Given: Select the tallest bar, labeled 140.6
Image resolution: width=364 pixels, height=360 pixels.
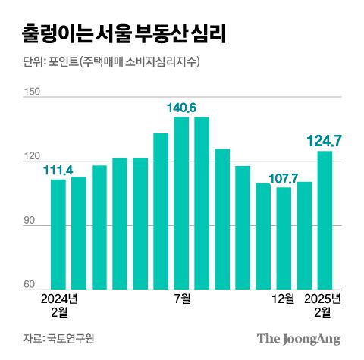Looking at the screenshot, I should (181, 203).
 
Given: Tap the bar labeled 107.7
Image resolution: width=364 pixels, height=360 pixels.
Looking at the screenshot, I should (284, 238).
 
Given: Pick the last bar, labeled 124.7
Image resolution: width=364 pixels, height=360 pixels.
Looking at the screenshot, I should (325, 220).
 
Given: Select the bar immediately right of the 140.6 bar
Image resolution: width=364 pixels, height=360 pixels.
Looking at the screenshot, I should (202, 203).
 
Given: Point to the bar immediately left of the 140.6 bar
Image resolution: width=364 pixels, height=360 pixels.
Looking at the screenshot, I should (161, 211).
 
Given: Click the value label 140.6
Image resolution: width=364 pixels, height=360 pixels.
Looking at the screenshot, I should (182, 108).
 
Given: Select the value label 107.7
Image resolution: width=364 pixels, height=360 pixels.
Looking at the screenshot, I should (283, 179).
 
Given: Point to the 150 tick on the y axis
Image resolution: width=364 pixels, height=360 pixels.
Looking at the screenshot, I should (31, 92).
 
